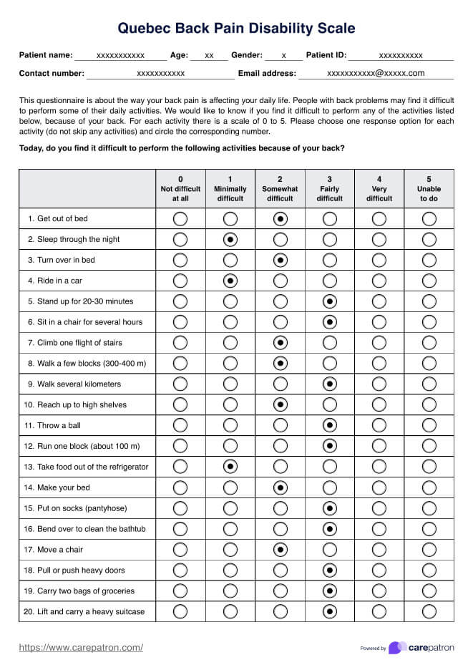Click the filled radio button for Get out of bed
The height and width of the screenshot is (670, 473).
pos(280,218)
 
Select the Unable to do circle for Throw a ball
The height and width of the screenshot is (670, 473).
pos(429,425)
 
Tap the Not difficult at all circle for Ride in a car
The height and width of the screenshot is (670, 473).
pos(180,281)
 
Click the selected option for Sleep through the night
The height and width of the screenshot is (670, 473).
pos(230,239)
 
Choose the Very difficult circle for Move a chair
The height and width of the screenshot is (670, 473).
pos(379,550)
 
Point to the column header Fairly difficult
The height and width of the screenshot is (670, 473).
pos(330,189)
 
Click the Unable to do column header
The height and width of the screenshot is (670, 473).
pos(429,189)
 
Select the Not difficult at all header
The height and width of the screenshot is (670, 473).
pos(180,189)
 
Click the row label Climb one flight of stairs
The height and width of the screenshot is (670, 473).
pos(75,343)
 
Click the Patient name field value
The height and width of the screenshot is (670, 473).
pos(121,55)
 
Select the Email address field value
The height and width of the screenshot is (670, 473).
pos(376,73)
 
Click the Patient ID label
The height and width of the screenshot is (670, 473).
pos(326,55)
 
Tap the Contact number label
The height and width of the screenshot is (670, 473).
pos(52,73)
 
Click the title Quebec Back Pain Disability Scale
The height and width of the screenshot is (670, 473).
pos(236,29)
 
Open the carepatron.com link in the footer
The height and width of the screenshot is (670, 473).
pos(81,648)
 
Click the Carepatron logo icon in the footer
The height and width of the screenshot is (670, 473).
pos(397,648)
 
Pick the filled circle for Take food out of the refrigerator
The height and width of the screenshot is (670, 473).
pos(230,467)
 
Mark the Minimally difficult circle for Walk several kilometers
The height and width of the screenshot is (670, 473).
pos(230,384)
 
